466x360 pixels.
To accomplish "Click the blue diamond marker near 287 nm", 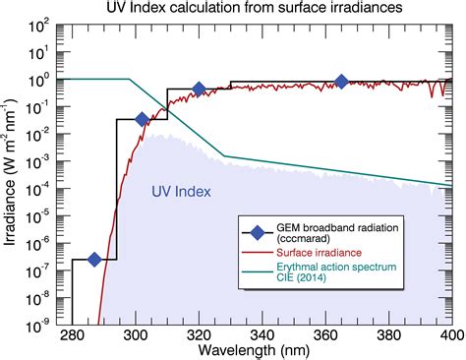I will pos(94,259).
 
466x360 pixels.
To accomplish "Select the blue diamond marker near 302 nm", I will pos(142,119).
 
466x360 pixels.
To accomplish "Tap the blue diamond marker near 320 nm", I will pos(199,90).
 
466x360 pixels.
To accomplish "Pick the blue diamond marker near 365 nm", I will pos(341,82).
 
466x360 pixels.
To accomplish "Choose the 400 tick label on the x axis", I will pos(451,335).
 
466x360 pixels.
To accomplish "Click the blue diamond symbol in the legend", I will pos(258,231).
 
